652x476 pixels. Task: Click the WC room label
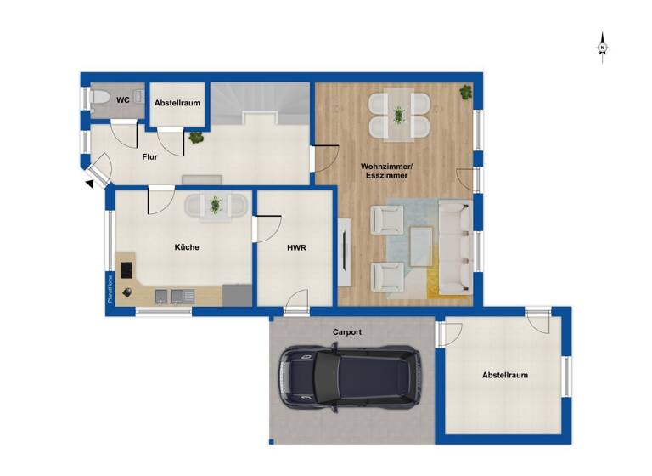pos(123,100)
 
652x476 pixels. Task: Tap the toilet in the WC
pos(100,101)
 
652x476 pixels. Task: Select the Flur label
pos(151,156)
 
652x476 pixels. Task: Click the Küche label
pos(187,247)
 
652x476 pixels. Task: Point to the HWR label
pos(296,248)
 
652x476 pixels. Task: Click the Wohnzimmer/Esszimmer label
pos(385,170)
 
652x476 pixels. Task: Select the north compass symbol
pos(602,47)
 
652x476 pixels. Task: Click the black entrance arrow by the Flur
pos(90,181)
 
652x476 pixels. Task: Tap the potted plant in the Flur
pos(196,136)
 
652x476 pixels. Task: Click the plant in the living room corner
pos(466,92)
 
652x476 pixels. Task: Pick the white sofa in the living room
pos(454,247)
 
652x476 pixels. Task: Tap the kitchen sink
pos(183,296)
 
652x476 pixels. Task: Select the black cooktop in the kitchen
pos(126,269)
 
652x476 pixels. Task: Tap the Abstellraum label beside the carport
pos(505,375)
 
